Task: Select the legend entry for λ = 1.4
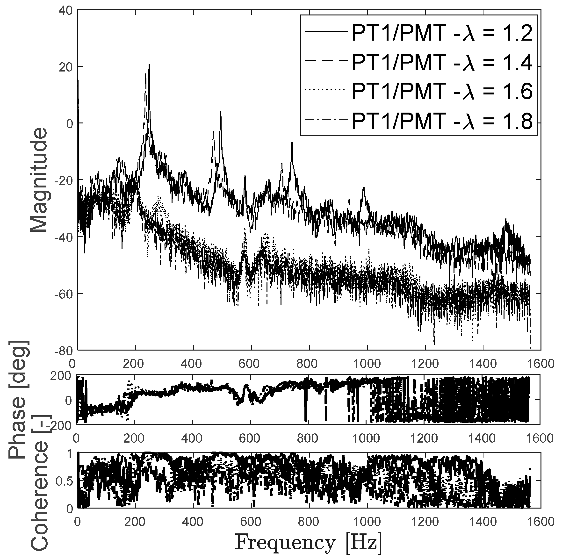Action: coord(419,62)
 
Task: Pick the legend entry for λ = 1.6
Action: coord(419,91)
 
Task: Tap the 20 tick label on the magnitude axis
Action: coord(67,67)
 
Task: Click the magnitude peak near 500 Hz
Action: coord(221,112)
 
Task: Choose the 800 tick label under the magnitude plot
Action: coord(308,364)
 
